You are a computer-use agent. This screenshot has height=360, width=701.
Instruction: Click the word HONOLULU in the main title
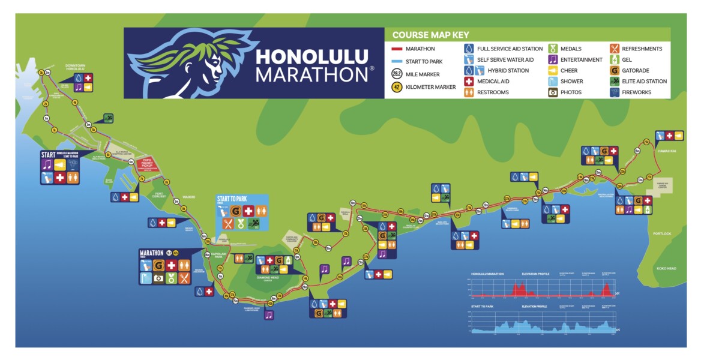(312, 57)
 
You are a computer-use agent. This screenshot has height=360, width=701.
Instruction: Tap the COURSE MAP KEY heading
(430, 35)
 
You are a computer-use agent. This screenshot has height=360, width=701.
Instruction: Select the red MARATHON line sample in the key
(396, 49)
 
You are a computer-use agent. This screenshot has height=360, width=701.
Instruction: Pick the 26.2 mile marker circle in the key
(396, 74)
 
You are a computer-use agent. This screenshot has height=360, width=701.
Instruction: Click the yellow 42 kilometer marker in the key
(396, 87)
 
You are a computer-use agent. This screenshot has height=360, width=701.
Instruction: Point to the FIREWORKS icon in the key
(615, 92)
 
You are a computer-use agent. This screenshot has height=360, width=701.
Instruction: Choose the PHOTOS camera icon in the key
(553, 92)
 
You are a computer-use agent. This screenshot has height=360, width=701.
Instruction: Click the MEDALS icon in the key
(553, 49)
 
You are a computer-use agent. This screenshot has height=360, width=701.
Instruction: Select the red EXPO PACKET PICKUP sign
(146, 163)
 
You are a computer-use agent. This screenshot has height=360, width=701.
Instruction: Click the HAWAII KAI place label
(667, 151)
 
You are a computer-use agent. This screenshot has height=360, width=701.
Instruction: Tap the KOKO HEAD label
(666, 268)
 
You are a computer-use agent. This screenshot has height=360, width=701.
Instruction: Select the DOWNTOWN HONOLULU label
(76, 67)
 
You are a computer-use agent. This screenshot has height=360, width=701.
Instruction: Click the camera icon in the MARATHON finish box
(158, 278)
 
